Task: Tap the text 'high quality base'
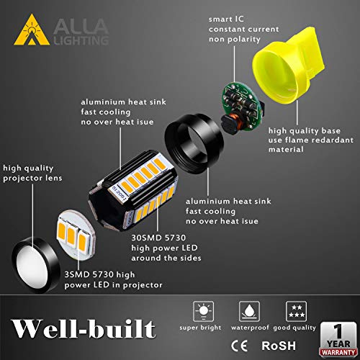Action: pos(301,131)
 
